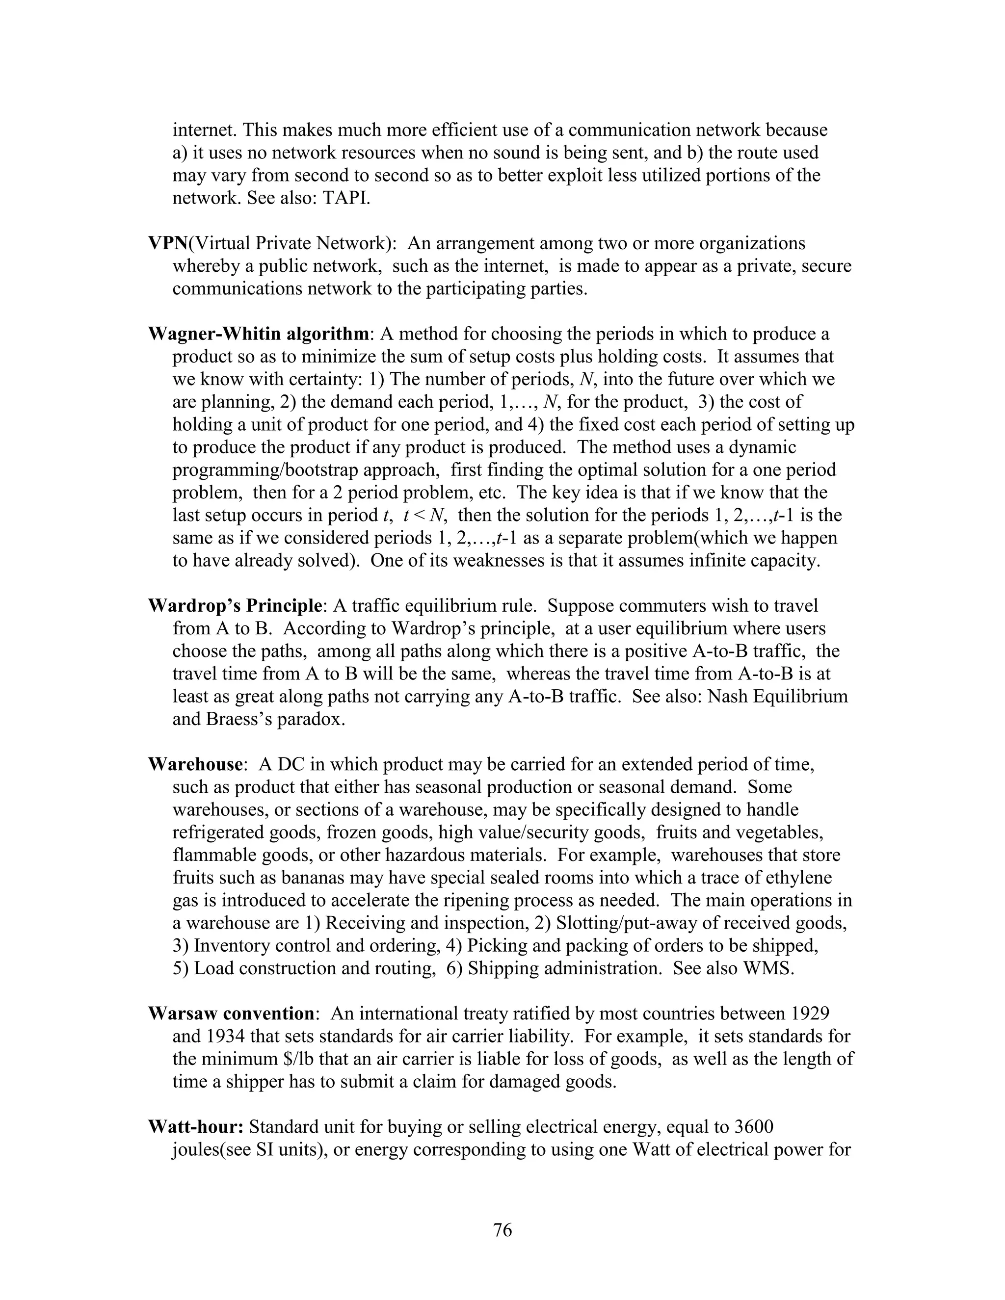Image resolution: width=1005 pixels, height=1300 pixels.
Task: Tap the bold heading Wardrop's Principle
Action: pos(235,606)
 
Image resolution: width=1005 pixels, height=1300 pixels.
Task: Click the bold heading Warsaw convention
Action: pos(231,1014)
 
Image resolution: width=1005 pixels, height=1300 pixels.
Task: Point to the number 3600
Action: pos(754,1127)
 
